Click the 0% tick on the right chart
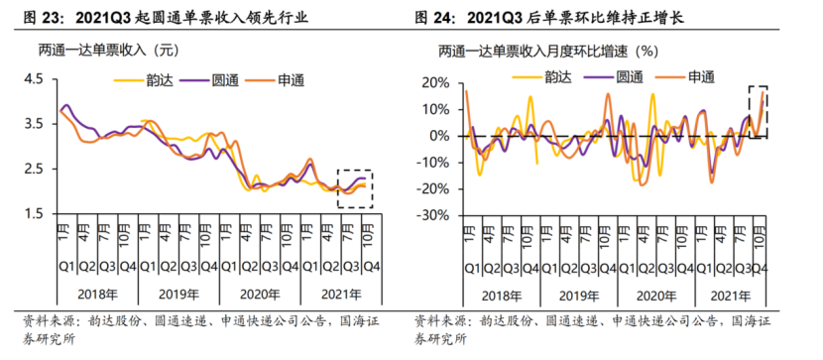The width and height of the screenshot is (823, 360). (439, 136)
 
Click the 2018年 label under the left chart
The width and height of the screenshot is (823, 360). (97, 295)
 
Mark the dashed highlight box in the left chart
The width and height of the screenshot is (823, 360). (354, 188)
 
